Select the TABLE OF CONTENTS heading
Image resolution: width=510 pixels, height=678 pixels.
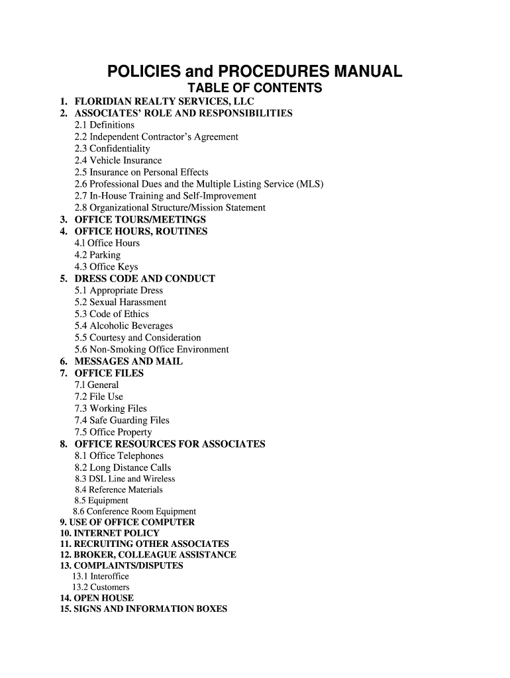point(255,89)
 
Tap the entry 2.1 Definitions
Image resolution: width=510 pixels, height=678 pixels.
point(105,125)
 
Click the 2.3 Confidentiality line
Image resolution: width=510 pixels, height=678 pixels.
point(113,149)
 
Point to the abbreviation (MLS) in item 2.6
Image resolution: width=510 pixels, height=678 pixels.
point(310,184)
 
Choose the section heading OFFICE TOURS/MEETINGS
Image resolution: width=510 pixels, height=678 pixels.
point(140,220)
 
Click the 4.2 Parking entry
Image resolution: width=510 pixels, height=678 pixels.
point(97,255)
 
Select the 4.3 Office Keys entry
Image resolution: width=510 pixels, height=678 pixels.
point(107,267)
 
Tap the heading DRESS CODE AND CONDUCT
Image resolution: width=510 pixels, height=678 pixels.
point(144,279)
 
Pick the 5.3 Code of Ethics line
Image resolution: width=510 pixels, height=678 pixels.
point(112,314)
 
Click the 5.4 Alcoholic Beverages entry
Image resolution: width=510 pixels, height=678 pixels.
point(124,326)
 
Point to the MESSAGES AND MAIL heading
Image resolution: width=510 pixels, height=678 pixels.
point(128,362)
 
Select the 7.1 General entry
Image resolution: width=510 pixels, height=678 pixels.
point(97,385)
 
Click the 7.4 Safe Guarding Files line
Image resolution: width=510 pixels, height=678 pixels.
point(122,420)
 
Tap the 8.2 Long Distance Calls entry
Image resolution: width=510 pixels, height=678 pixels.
point(123,467)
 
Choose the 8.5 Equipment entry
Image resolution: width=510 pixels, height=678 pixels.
point(101,501)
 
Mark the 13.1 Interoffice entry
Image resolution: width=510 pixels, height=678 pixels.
point(101,576)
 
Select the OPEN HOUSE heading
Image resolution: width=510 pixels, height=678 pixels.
point(103,598)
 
